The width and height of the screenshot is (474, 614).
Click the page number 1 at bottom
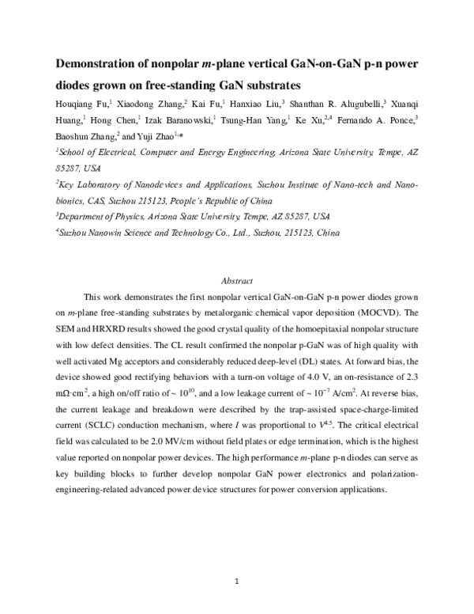(236, 582)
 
